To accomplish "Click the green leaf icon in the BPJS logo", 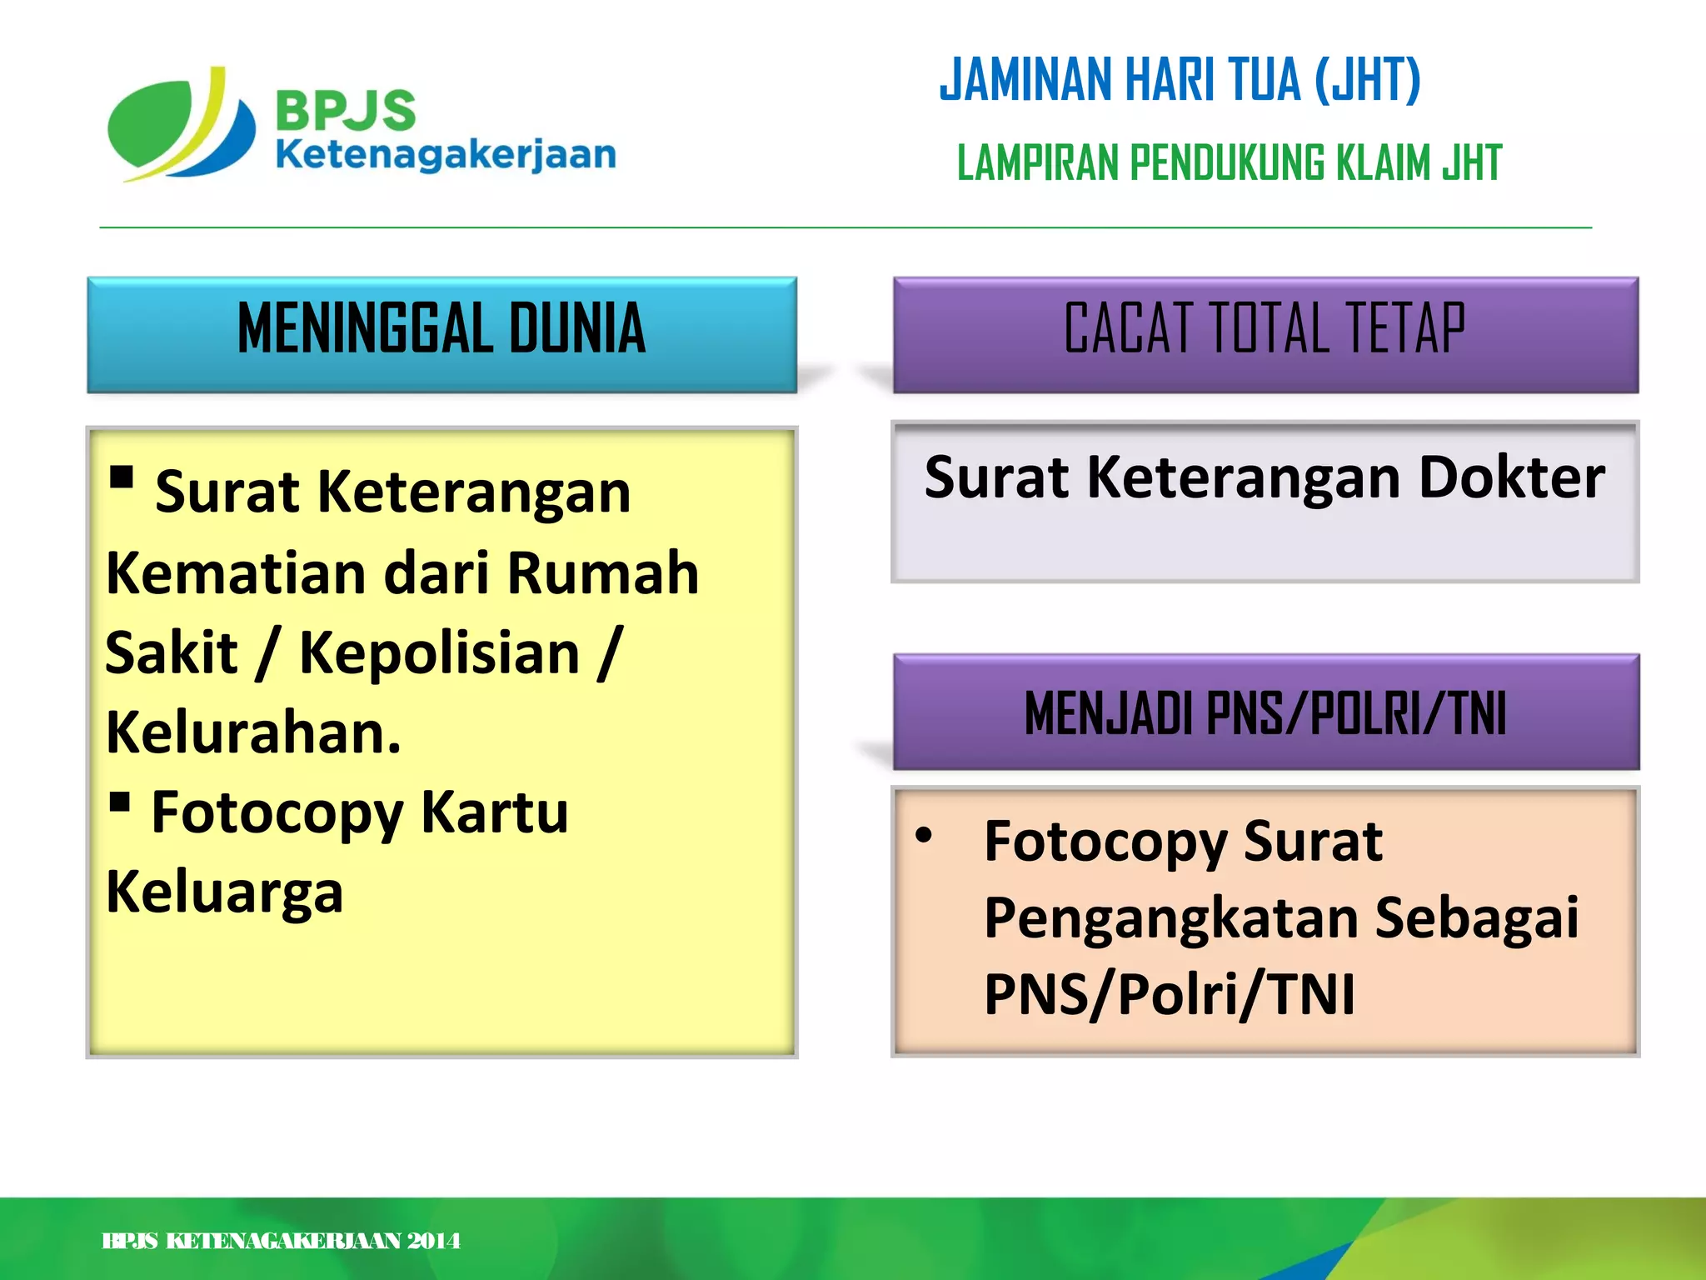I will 150,125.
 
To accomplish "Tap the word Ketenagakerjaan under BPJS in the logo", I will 446,155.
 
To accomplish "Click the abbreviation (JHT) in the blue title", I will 1367,80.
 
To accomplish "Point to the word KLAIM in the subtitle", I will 1384,162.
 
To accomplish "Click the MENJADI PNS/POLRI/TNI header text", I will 1265,713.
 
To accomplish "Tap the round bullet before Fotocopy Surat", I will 923,835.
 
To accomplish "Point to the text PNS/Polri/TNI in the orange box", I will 1169,994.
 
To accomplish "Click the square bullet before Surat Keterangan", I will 122,477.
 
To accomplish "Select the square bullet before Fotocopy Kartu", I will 120,802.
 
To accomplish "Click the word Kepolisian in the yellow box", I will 439,652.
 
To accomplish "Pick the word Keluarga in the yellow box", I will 225,892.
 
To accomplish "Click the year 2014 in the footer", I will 433,1241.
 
